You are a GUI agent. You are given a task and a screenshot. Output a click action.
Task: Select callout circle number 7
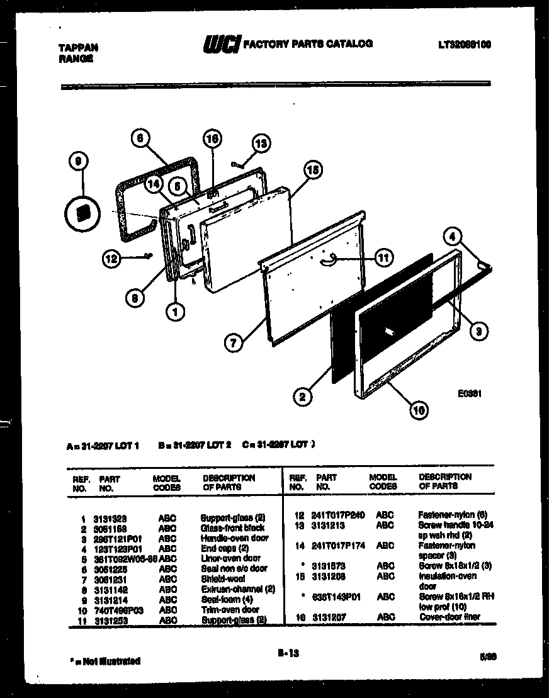point(234,343)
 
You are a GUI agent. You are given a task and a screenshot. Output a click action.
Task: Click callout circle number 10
point(418,410)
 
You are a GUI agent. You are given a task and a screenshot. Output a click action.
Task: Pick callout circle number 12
point(112,257)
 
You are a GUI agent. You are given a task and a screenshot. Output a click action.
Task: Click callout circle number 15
point(312,170)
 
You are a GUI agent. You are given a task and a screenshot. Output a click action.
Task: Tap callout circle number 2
point(303,397)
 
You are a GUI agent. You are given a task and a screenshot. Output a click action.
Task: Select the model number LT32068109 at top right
point(464,45)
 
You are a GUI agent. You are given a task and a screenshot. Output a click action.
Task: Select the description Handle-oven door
point(234,538)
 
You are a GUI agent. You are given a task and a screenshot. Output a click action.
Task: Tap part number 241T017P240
point(338,515)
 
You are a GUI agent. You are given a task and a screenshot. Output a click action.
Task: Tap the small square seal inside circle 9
point(82,212)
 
